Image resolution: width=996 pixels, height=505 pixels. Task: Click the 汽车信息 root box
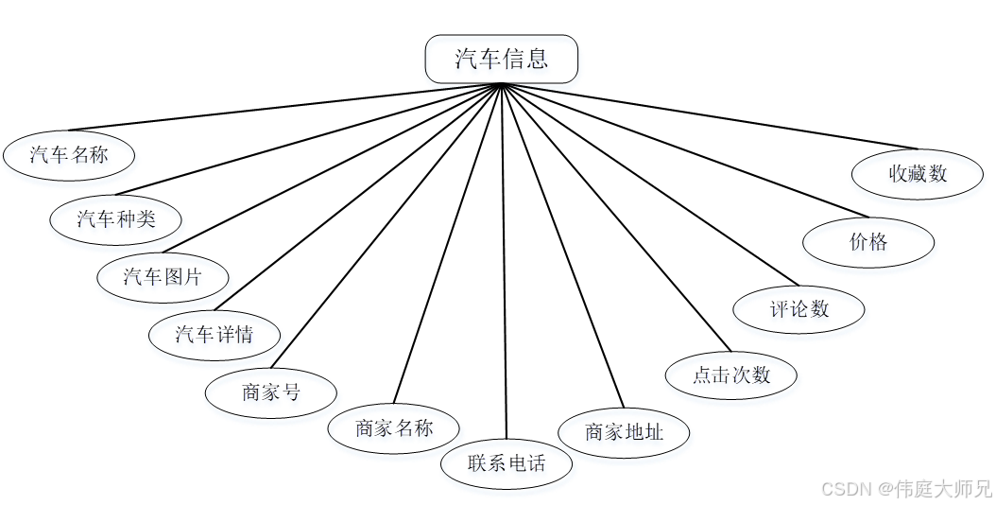click(x=501, y=60)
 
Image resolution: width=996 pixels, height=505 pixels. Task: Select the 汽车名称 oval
click(x=69, y=154)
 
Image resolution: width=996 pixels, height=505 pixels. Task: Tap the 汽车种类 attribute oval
click(x=115, y=219)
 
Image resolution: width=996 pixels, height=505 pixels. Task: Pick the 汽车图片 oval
click(x=163, y=277)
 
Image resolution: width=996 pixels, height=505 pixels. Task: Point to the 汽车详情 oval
click(x=214, y=334)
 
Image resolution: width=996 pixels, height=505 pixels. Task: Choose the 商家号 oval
click(x=271, y=392)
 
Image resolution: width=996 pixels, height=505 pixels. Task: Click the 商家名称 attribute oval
click(x=394, y=428)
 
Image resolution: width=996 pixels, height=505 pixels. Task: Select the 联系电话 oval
click(x=507, y=463)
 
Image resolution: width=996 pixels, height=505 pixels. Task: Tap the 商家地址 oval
click(x=624, y=432)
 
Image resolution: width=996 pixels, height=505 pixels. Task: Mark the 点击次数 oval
click(x=731, y=374)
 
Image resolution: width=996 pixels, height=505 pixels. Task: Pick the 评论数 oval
click(x=799, y=308)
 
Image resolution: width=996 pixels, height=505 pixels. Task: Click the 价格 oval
click(x=868, y=242)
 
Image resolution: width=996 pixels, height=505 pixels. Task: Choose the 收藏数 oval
click(x=918, y=174)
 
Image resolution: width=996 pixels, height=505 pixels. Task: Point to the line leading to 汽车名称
click(x=283, y=107)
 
